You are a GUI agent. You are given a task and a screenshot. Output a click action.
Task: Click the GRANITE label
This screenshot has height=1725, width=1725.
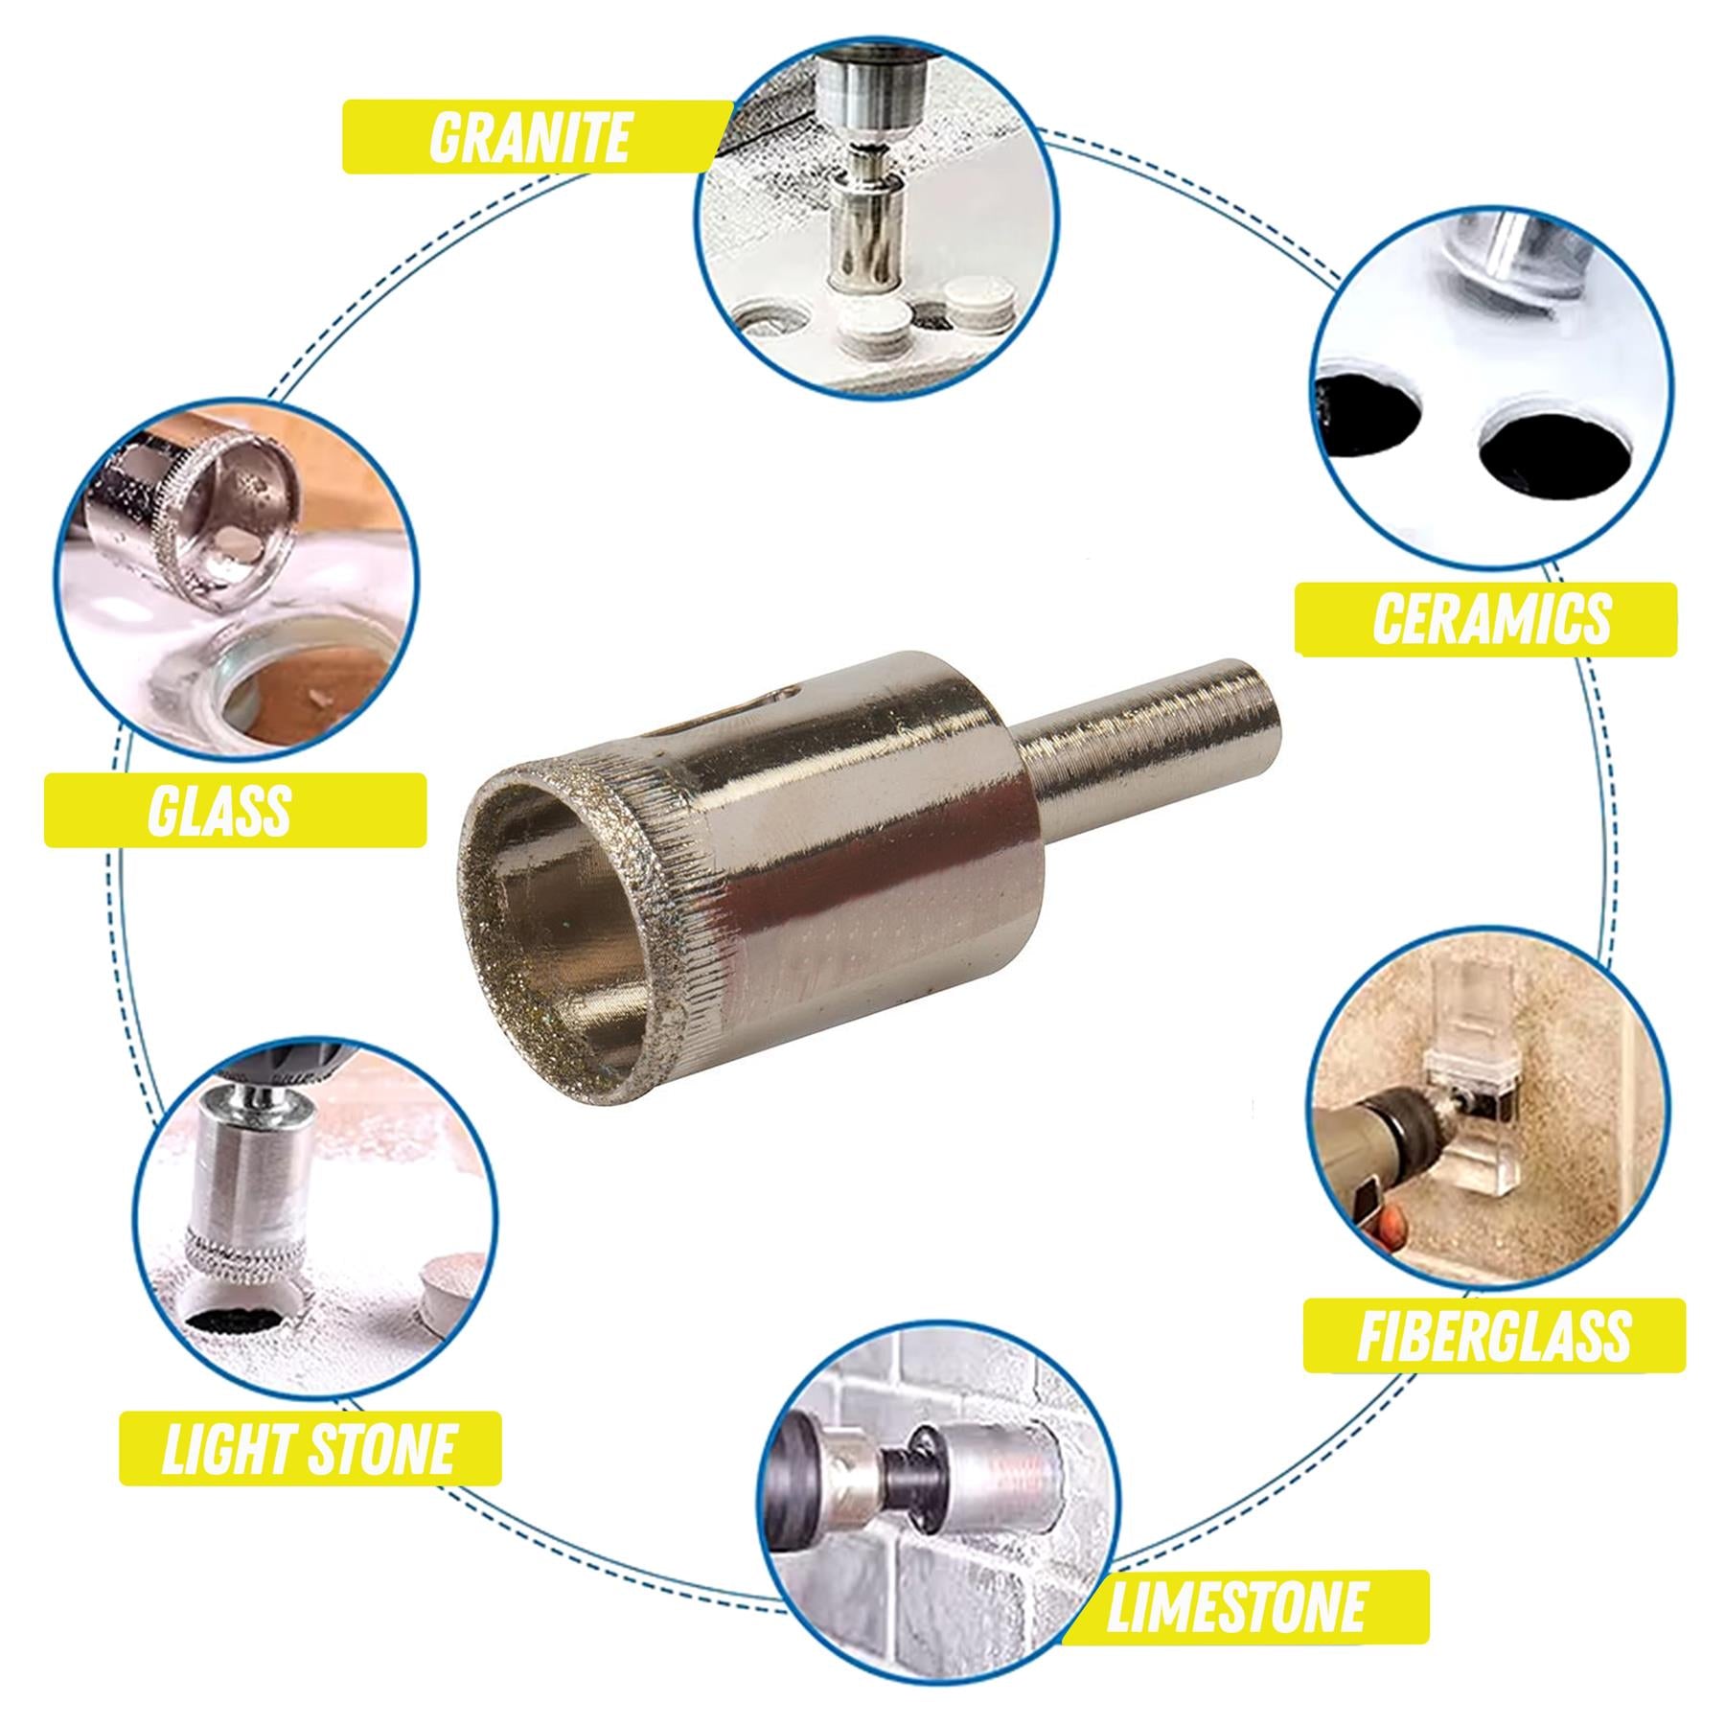click(529, 137)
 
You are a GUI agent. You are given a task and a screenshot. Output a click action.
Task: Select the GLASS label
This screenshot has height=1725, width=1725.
click(220, 811)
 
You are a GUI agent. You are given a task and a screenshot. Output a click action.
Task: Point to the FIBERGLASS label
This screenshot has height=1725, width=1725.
click(1493, 1335)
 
